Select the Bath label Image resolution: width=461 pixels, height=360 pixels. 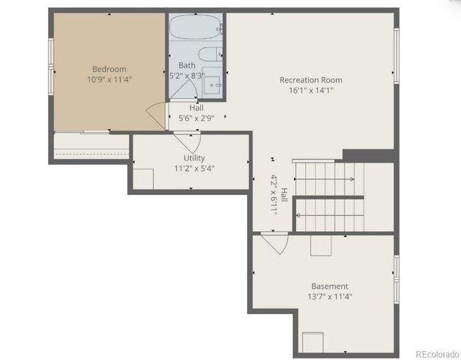point(187,65)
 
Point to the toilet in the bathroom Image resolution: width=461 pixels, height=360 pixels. point(210,54)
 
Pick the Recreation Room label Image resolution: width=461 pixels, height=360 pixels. point(310,79)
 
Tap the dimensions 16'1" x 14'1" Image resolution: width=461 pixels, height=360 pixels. point(310,90)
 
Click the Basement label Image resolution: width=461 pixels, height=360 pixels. point(330,286)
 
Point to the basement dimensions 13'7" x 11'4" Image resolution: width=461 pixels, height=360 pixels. point(330,296)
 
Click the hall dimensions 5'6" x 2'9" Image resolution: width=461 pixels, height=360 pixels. point(196,118)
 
